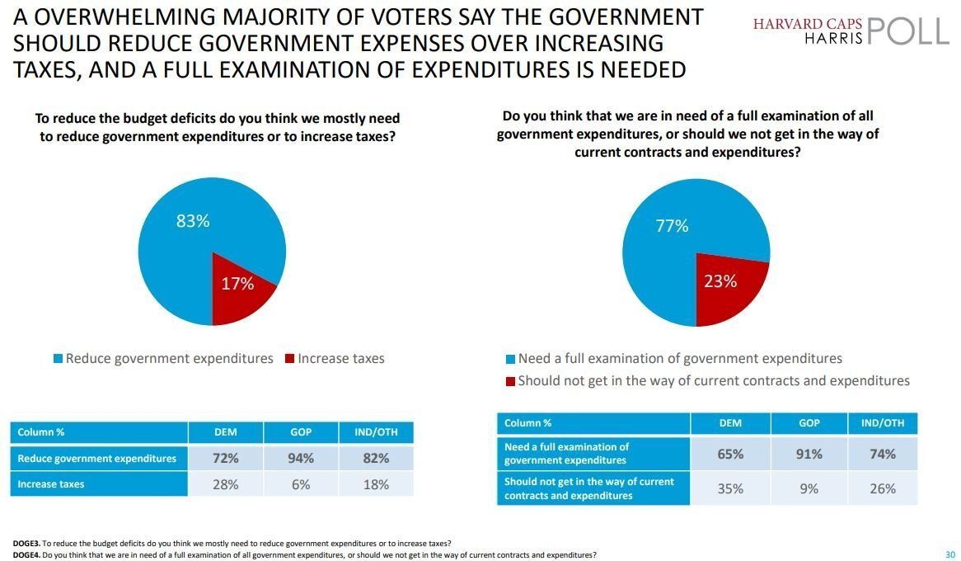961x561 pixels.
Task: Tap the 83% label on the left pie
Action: point(193,221)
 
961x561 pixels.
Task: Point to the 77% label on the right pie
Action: point(672,226)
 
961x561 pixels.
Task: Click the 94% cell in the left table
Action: point(301,458)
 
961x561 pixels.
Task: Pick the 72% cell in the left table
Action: point(225,458)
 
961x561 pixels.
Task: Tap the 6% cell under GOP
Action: point(301,484)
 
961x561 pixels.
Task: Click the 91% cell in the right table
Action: point(809,454)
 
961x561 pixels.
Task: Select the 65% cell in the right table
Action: point(730,454)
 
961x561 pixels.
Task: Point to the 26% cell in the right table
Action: point(882,488)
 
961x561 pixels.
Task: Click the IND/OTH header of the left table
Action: point(376,432)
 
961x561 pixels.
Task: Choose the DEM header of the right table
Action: point(730,423)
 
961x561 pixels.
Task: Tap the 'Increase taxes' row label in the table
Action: point(50,484)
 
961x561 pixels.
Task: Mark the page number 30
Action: point(950,554)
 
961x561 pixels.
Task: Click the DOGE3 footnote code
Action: point(26,544)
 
